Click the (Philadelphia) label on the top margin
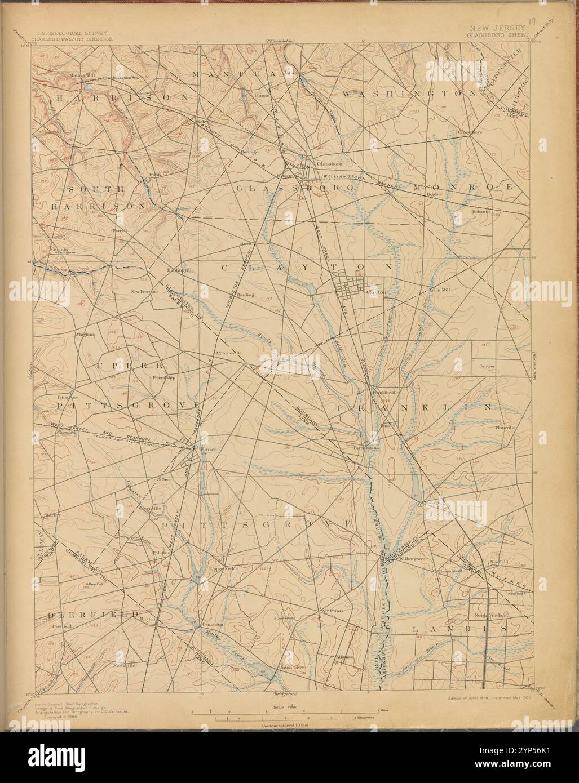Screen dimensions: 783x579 click(x=281, y=42)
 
